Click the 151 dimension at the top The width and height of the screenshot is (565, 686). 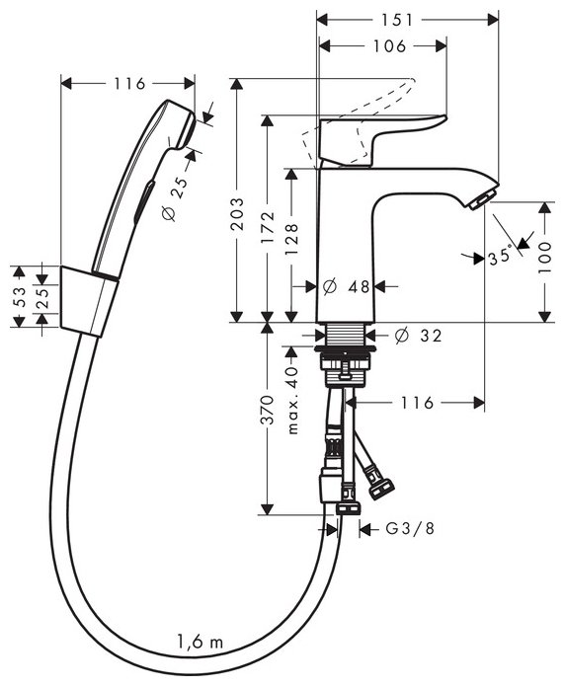396,20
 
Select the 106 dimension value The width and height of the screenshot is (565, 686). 389,46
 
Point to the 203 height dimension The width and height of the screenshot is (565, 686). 237,214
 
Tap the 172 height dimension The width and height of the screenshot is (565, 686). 268,227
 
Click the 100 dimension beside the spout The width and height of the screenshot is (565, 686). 545,258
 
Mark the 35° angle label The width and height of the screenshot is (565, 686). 500,257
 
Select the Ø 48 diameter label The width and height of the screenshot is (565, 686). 346,286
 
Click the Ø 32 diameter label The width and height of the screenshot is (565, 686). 418,336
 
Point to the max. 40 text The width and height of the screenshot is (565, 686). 292,400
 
